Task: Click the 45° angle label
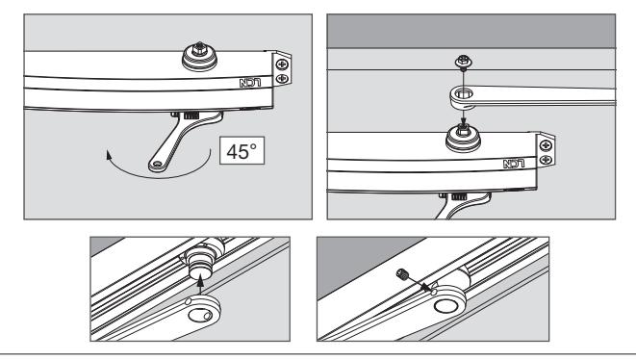[242, 151]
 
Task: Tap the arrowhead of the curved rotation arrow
[109, 155]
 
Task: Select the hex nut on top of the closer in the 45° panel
[199, 49]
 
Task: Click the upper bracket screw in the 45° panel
[282, 64]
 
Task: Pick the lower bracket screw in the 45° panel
[282, 78]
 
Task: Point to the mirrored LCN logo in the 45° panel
[250, 83]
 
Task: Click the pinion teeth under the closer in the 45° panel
[191, 116]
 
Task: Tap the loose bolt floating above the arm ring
[463, 63]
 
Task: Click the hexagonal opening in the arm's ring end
[463, 95]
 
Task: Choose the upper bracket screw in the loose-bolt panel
[546, 145]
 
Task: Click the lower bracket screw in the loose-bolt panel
[546, 160]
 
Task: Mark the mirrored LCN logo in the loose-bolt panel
[514, 164]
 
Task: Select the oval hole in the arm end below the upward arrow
[200, 316]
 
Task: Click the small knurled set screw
[401, 274]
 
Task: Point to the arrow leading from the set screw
[419, 283]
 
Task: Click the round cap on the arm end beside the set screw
[445, 305]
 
